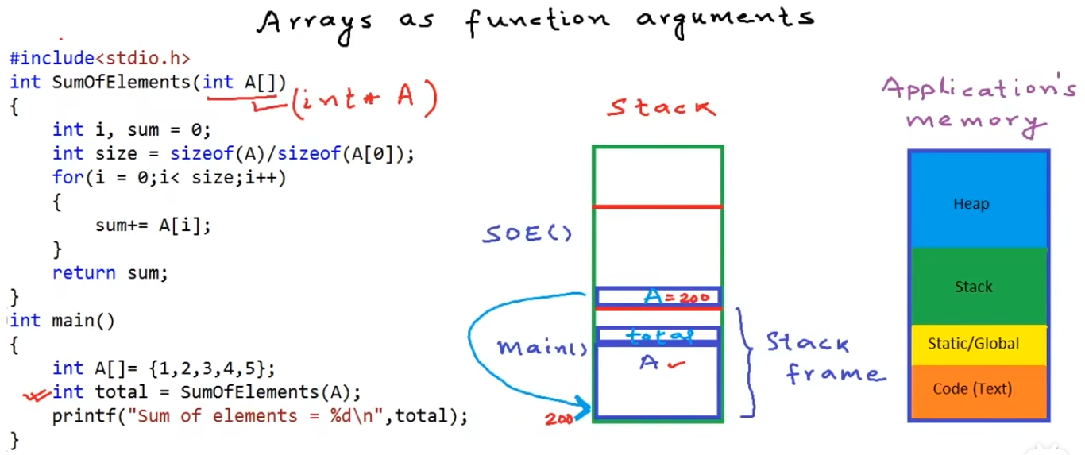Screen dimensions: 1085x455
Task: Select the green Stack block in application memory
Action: pyautogui.click(x=978, y=287)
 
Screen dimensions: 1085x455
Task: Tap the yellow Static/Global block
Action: pyautogui.click(x=978, y=345)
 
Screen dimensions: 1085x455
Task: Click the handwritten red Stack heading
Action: pyautogui.click(x=661, y=106)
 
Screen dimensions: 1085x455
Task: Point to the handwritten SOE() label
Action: pyautogui.click(x=527, y=235)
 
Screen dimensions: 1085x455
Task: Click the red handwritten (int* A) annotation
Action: pyautogui.click(x=365, y=101)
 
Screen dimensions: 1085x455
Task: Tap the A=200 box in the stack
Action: pyautogui.click(x=658, y=297)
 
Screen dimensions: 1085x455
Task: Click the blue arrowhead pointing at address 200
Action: pyautogui.click(x=585, y=409)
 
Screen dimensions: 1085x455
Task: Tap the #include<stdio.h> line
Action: pyautogui.click(x=100, y=58)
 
